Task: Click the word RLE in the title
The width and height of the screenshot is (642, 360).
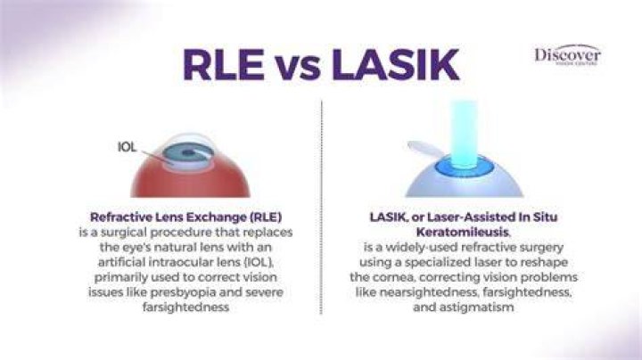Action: pos(223,65)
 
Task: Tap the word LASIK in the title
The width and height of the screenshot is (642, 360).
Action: pos(395,65)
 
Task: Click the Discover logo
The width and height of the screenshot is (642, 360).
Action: pos(567,54)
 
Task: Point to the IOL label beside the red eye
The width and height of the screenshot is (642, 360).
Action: pos(127,147)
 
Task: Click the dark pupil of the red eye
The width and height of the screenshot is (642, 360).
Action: pos(188,153)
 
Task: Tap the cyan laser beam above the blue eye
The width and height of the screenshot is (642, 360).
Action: pos(465,133)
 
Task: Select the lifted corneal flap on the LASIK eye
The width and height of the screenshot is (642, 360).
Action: pos(425,149)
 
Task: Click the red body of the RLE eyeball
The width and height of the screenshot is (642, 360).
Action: pos(190,180)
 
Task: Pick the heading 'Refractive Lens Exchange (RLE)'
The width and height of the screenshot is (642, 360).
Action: pos(185,217)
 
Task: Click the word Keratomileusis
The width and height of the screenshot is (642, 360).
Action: pos(462,232)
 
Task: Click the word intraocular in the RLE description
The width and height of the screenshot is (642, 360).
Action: pos(174,262)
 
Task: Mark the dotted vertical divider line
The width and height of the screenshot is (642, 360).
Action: pos(321,207)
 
